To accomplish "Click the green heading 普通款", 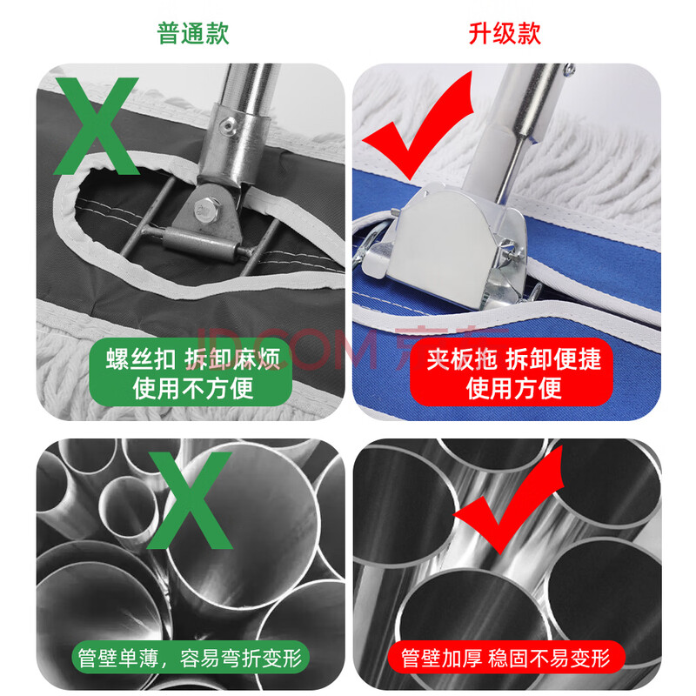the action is [x=193, y=33].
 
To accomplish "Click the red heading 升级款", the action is [x=505, y=33].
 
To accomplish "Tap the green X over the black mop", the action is [x=97, y=126].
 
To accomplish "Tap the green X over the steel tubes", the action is [x=190, y=500].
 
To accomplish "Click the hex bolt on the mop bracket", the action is [x=205, y=209].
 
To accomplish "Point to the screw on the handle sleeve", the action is [x=229, y=125].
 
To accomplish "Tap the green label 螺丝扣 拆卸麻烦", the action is [x=193, y=358].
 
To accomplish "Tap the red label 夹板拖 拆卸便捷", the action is [x=513, y=358].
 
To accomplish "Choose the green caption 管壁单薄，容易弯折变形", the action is [x=191, y=659].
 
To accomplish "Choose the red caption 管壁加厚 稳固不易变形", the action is [x=505, y=659].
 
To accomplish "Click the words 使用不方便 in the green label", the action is [x=193, y=388].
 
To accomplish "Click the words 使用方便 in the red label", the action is [x=513, y=388].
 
